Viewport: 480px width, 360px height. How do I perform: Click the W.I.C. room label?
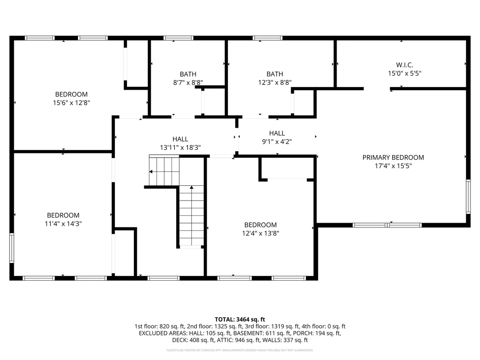(404, 65)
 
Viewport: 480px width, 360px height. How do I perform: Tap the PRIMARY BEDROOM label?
(393, 157)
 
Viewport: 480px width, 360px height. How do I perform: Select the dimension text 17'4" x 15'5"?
(393, 166)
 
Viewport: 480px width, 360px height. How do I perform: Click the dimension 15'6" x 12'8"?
(71, 103)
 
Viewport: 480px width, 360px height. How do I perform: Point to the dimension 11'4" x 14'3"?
(63, 224)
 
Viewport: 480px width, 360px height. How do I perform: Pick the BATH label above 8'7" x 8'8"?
(188, 74)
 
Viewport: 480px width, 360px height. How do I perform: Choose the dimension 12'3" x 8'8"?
(275, 82)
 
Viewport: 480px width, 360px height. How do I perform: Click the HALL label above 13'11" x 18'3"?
(180, 139)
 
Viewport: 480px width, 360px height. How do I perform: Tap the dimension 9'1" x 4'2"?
(277, 141)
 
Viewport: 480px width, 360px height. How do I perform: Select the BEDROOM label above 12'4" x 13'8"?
(260, 225)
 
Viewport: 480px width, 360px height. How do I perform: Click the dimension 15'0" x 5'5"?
(404, 74)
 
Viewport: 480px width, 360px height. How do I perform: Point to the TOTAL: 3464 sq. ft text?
(240, 320)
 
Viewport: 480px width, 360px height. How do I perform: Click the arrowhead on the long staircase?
(191, 187)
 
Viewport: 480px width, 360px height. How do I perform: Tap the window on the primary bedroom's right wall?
(468, 197)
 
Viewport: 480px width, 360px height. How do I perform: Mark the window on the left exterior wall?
(12, 248)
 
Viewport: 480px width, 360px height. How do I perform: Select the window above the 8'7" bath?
(178, 38)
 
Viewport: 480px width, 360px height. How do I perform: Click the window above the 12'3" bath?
(267, 38)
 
